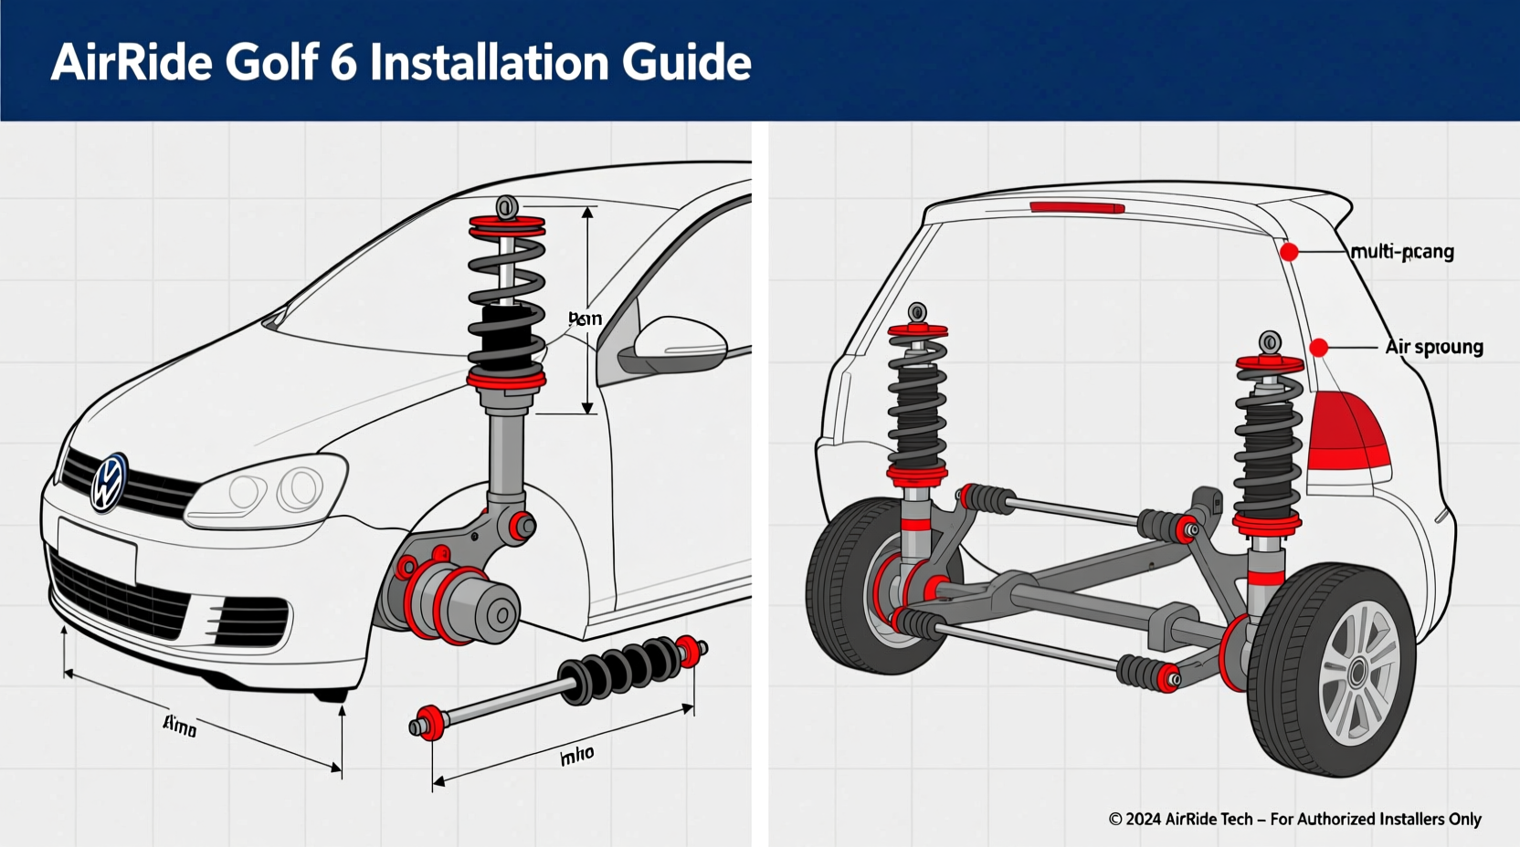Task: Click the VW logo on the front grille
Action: point(109,483)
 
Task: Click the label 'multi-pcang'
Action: point(1401,251)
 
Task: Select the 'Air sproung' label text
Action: point(1433,347)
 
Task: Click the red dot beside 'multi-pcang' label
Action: point(1289,252)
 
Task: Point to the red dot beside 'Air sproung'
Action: point(1318,348)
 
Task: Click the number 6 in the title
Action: point(343,62)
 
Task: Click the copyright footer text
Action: point(1294,819)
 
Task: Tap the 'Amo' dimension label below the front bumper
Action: point(180,727)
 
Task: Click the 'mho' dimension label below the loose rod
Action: point(576,755)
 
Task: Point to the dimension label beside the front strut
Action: point(585,319)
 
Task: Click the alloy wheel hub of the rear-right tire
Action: point(1358,673)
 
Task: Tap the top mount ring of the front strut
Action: point(506,206)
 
